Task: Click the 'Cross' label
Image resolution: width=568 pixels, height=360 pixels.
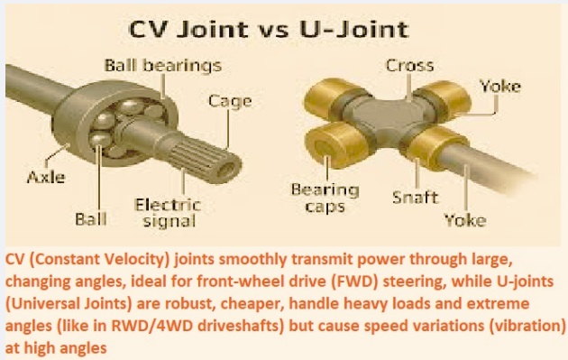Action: click(x=408, y=65)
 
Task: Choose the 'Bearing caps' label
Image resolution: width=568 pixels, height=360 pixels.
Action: click(x=319, y=198)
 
